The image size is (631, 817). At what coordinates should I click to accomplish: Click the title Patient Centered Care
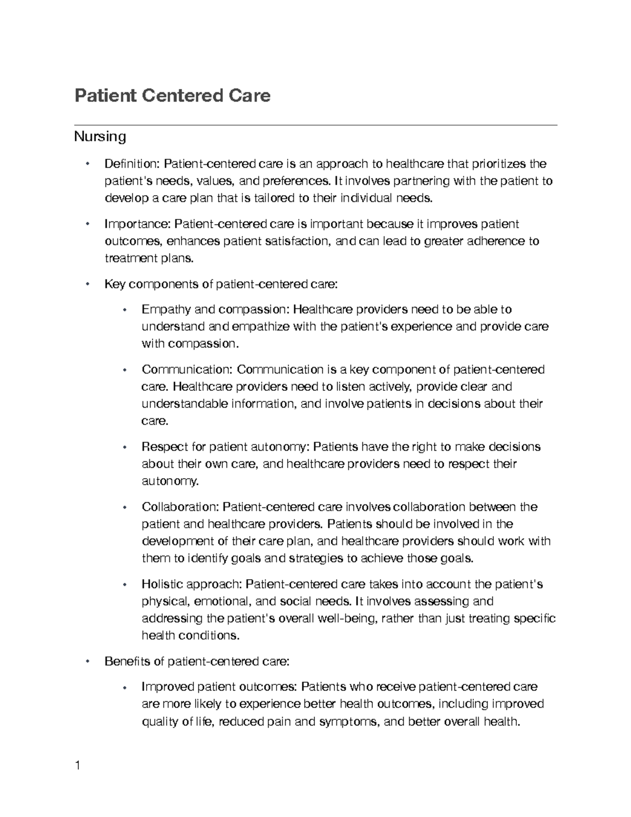pyautogui.click(x=172, y=96)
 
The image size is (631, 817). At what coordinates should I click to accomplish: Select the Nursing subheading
pyautogui.click(x=100, y=137)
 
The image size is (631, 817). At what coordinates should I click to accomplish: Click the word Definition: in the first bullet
pyautogui.click(x=133, y=164)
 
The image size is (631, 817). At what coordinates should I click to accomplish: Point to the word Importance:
pyautogui.click(x=138, y=224)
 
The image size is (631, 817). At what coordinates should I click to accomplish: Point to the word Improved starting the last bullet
pyautogui.click(x=167, y=687)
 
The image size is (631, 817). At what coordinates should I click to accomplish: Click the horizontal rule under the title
pyautogui.click(x=315, y=125)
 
